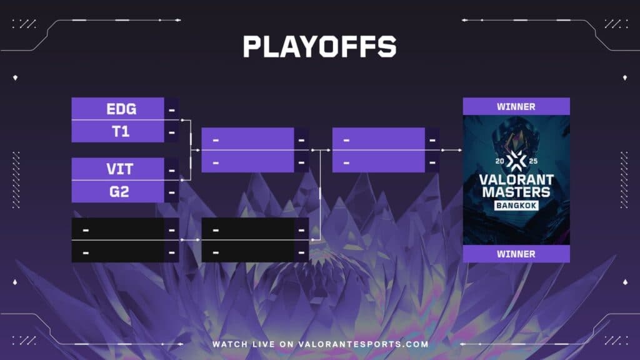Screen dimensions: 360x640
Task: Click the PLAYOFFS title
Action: [319, 47]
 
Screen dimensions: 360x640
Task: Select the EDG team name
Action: [121, 109]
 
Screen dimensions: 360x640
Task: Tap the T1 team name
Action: [121, 132]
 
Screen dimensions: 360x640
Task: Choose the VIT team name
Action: [119, 169]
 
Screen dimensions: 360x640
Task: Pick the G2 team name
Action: [119, 192]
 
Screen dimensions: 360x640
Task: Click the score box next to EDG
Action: [172, 109]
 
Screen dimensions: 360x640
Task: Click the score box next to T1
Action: [172, 132]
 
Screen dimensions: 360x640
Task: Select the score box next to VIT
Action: [172, 169]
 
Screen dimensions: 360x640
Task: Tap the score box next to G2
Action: [172, 192]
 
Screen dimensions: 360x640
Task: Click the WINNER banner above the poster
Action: [516, 106]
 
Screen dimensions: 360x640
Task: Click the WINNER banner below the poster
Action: [516, 254]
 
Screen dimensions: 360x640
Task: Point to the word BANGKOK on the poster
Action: [516, 206]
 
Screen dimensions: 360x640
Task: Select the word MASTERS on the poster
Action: [516, 191]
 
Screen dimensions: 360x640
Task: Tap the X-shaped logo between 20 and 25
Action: [516, 161]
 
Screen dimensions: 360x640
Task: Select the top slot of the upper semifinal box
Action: [248, 139]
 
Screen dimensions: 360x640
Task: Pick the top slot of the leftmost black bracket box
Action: [118, 229]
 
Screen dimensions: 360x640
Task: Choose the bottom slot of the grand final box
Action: [379, 161]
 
